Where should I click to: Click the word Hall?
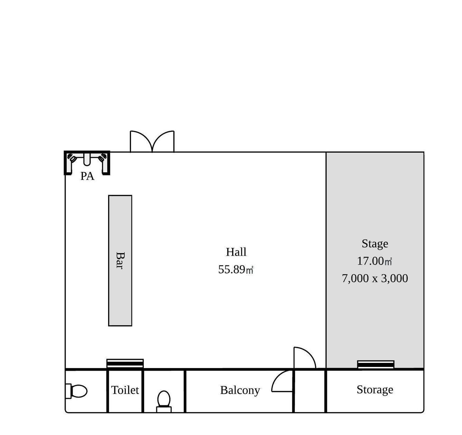click(236, 252)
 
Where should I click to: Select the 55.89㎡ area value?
click(235, 270)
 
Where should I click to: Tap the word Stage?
click(375, 244)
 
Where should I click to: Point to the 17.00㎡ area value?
click(375, 261)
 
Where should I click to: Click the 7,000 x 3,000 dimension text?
click(375, 278)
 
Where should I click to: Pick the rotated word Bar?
click(120, 260)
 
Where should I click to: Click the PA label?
click(87, 176)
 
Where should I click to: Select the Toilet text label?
click(125, 390)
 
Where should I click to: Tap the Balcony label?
click(240, 390)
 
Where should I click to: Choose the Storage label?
click(375, 390)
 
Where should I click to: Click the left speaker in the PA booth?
click(72, 158)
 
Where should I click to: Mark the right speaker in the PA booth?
click(102, 158)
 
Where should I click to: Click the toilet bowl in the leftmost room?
click(76, 391)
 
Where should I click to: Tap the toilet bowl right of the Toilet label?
click(164, 402)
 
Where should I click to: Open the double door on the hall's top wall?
click(152, 142)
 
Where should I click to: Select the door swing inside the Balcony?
click(282, 381)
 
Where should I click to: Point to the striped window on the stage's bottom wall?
click(376, 365)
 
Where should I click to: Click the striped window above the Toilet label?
click(125, 364)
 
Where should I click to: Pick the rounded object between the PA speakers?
click(86, 159)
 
